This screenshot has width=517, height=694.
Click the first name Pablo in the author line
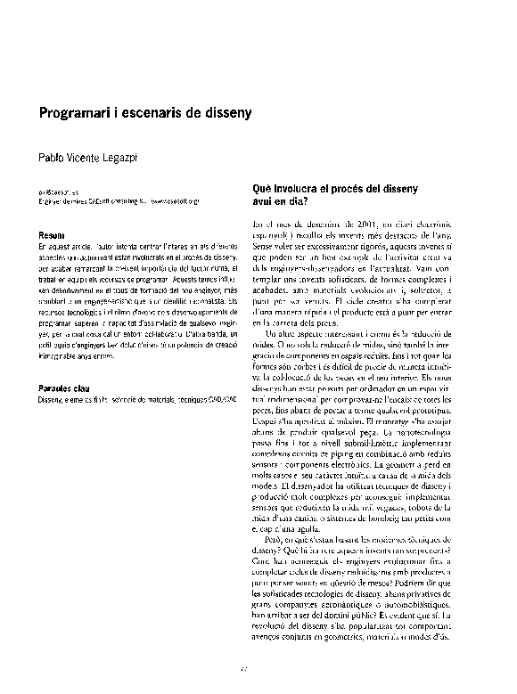(x=51, y=157)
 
